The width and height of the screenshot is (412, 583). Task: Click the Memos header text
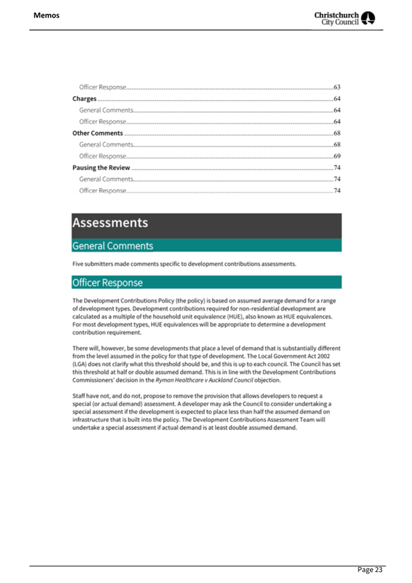coord(46,15)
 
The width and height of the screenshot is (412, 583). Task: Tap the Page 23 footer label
coord(370,569)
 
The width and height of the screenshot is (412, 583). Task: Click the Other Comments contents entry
coord(98,133)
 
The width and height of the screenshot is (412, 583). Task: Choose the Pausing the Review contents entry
coord(101,168)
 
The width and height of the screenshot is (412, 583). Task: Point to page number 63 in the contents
coord(336,88)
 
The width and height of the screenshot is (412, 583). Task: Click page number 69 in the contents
coord(336,156)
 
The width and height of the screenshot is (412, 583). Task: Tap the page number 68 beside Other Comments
coord(336,133)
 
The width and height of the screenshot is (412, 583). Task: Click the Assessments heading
coord(110,223)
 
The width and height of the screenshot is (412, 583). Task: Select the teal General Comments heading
coord(112,246)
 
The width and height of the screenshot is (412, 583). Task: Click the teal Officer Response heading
coord(107,283)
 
